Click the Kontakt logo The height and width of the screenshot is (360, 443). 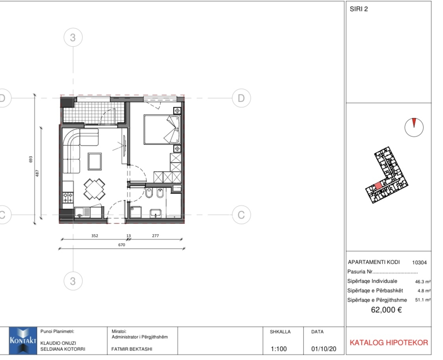click(23, 341)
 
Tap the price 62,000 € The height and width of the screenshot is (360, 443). click(386, 310)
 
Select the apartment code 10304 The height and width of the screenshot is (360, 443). click(419, 263)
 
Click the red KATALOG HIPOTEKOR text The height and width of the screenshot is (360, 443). click(389, 343)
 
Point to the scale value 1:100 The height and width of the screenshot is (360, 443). click(279, 349)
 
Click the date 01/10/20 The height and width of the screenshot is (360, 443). click(324, 349)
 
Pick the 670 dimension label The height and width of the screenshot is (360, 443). click(121, 245)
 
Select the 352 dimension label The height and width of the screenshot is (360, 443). click(95, 235)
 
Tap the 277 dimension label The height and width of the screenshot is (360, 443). click(155, 235)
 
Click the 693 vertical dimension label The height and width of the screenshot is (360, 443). click(31, 159)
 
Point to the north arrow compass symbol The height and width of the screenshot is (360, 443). click(414, 127)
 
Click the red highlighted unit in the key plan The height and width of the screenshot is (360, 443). click(378, 186)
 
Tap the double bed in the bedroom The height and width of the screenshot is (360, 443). click(162, 129)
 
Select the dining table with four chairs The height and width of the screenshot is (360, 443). click(94, 189)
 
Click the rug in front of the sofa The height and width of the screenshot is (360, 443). click(95, 162)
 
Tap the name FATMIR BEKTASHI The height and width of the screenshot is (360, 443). click(132, 349)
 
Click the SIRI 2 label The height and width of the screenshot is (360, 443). click(359, 9)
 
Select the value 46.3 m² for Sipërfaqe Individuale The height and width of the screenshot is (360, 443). click(423, 282)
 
